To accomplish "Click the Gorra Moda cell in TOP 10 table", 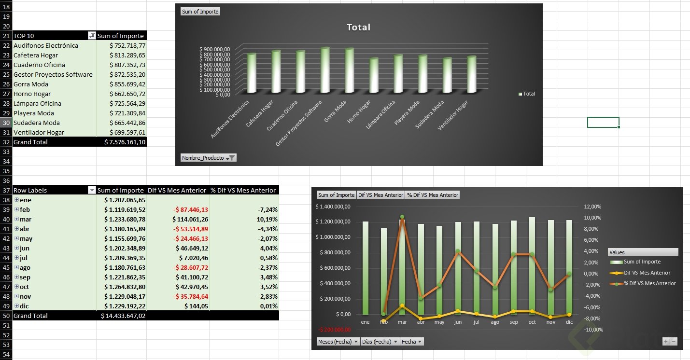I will click(31, 84).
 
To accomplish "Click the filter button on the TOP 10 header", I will click(92, 36).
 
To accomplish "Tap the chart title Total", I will click(358, 28).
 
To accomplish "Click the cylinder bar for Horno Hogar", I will click(374, 76).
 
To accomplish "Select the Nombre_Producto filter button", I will click(208, 158).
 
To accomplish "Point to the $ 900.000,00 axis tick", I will click(214, 49).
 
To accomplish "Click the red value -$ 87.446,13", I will click(191, 209).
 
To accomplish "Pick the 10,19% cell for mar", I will click(267, 219).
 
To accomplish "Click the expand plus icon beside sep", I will click(16, 277).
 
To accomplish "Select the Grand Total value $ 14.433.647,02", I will click(123, 316).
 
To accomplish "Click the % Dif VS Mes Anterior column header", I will click(243, 190).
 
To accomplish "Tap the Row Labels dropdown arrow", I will click(92, 190).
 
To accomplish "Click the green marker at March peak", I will click(402, 217).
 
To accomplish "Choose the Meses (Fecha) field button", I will click(338, 341).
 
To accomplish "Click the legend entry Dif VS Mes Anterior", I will click(647, 273).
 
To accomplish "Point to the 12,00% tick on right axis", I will click(593, 207).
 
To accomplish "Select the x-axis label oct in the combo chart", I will click(532, 322).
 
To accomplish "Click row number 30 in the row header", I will click(6, 123).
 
